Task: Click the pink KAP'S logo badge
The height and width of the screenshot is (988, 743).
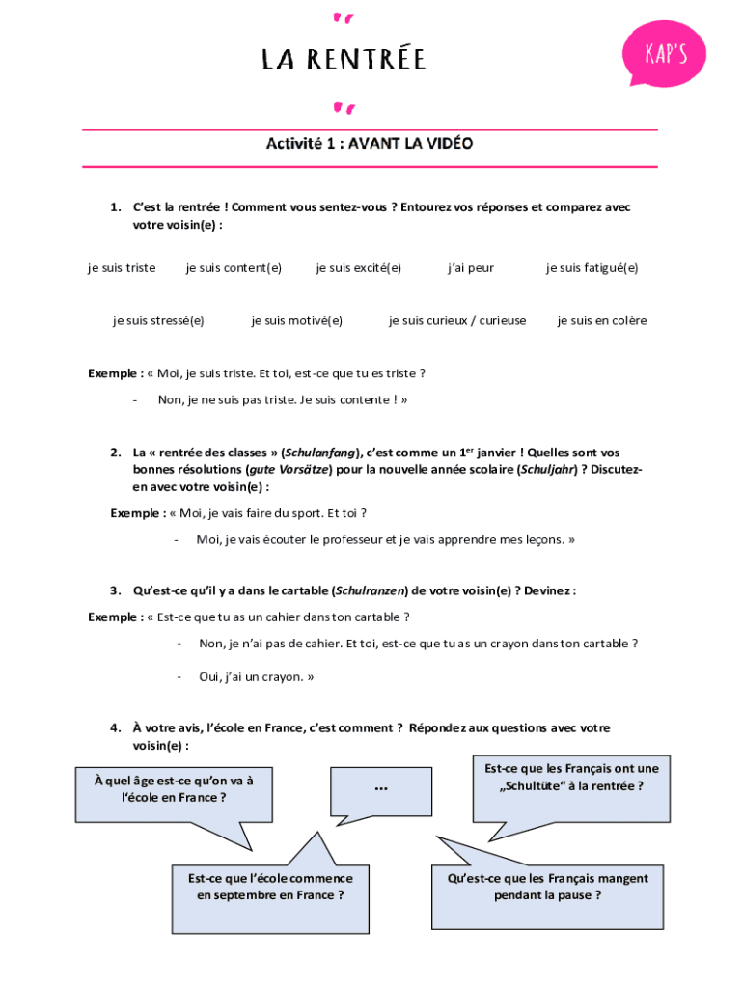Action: point(665,52)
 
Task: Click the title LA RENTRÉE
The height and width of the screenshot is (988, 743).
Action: point(344,60)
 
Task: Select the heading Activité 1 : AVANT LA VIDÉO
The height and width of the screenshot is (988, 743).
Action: point(370,144)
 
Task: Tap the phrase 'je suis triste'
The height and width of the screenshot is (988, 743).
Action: point(122,268)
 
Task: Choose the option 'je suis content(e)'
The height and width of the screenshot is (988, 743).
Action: point(234,268)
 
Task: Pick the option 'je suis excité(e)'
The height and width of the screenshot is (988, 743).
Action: point(358,268)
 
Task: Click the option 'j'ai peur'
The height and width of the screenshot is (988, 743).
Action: point(470,268)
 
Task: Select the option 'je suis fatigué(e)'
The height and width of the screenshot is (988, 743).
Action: point(592,268)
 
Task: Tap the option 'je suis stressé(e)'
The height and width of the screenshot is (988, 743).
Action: point(158,320)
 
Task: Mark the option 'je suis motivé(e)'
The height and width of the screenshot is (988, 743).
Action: point(296,320)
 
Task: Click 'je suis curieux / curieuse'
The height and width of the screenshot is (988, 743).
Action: point(457,320)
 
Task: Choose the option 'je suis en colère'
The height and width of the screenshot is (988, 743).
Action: point(601,320)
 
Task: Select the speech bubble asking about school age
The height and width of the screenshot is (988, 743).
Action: point(174,790)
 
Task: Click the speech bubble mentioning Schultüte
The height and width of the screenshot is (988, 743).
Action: point(571,778)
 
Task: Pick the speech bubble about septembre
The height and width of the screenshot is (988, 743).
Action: point(270,887)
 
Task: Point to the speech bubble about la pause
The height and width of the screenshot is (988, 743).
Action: point(547,887)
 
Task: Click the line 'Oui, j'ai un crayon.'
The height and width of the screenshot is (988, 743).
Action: point(256,677)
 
